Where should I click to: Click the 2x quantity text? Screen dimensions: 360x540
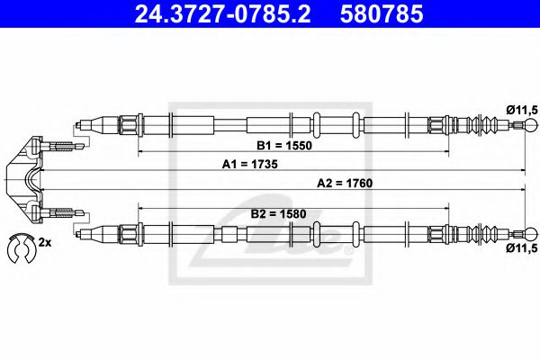coord(45,243)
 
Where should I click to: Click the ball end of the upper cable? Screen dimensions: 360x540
coord(519,124)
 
